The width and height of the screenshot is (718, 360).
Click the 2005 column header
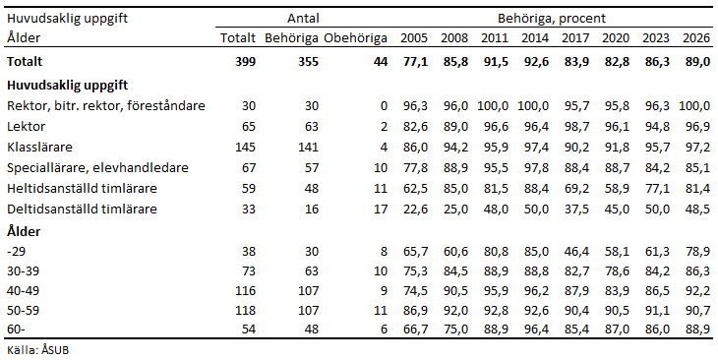tap(413, 38)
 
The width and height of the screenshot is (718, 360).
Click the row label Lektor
tap(26, 127)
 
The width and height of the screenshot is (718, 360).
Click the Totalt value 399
tap(244, 61)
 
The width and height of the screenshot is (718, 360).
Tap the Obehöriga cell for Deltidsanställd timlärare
tap(380, 209)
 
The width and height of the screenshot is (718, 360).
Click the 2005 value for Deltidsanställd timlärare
tap(413, 209)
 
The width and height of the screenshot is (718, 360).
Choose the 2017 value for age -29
tap(574, 251)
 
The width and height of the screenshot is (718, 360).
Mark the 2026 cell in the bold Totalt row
tap(695, 61)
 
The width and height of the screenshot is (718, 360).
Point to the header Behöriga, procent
tap(550, 18)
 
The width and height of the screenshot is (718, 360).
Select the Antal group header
tap(303, 18)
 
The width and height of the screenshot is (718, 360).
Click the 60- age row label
tap(16, 328)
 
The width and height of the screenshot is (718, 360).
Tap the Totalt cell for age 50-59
tap(243, 308)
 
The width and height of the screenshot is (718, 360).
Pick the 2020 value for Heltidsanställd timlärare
tap(615, 188)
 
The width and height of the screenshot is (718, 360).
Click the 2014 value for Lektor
tap(534, 127)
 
